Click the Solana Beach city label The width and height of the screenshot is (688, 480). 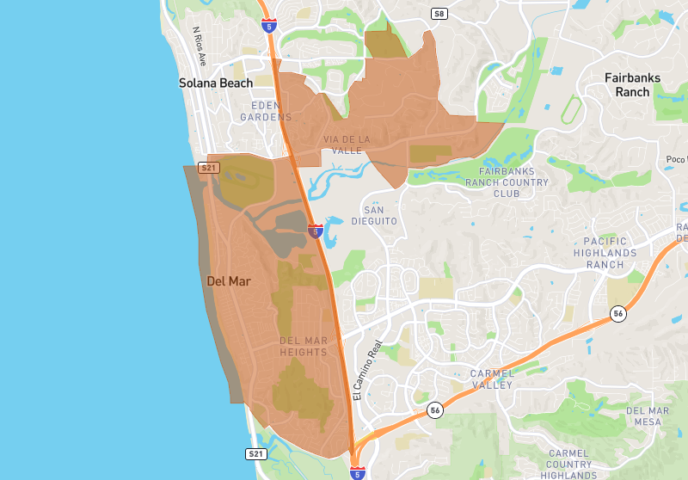click(216, 83)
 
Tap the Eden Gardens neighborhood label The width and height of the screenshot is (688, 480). click(266, 111)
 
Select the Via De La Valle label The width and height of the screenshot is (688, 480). click(347, 145)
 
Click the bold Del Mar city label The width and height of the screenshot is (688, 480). click(229, 281)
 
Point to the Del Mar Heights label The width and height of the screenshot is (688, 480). click(304, 347)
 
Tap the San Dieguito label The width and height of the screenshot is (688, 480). click(379, 215)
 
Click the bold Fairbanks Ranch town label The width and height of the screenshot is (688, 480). click(632, 84)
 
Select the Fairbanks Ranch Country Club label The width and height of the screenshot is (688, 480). click(507, 182)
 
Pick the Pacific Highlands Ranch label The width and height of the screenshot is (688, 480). click(610, 253)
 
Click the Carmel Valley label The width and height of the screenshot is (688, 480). click(492, 378)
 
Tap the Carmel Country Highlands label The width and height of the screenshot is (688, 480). click(569, 464)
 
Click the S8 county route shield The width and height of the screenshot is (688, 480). click(439, 14)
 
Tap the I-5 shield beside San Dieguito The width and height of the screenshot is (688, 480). click(316, 231)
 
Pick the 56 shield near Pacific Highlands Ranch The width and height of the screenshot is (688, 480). click(618, 315)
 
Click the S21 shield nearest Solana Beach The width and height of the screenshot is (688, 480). click(208, 168)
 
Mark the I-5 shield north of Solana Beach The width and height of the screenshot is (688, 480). click(269, 26)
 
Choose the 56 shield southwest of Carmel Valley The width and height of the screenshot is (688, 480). click(435, 409)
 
